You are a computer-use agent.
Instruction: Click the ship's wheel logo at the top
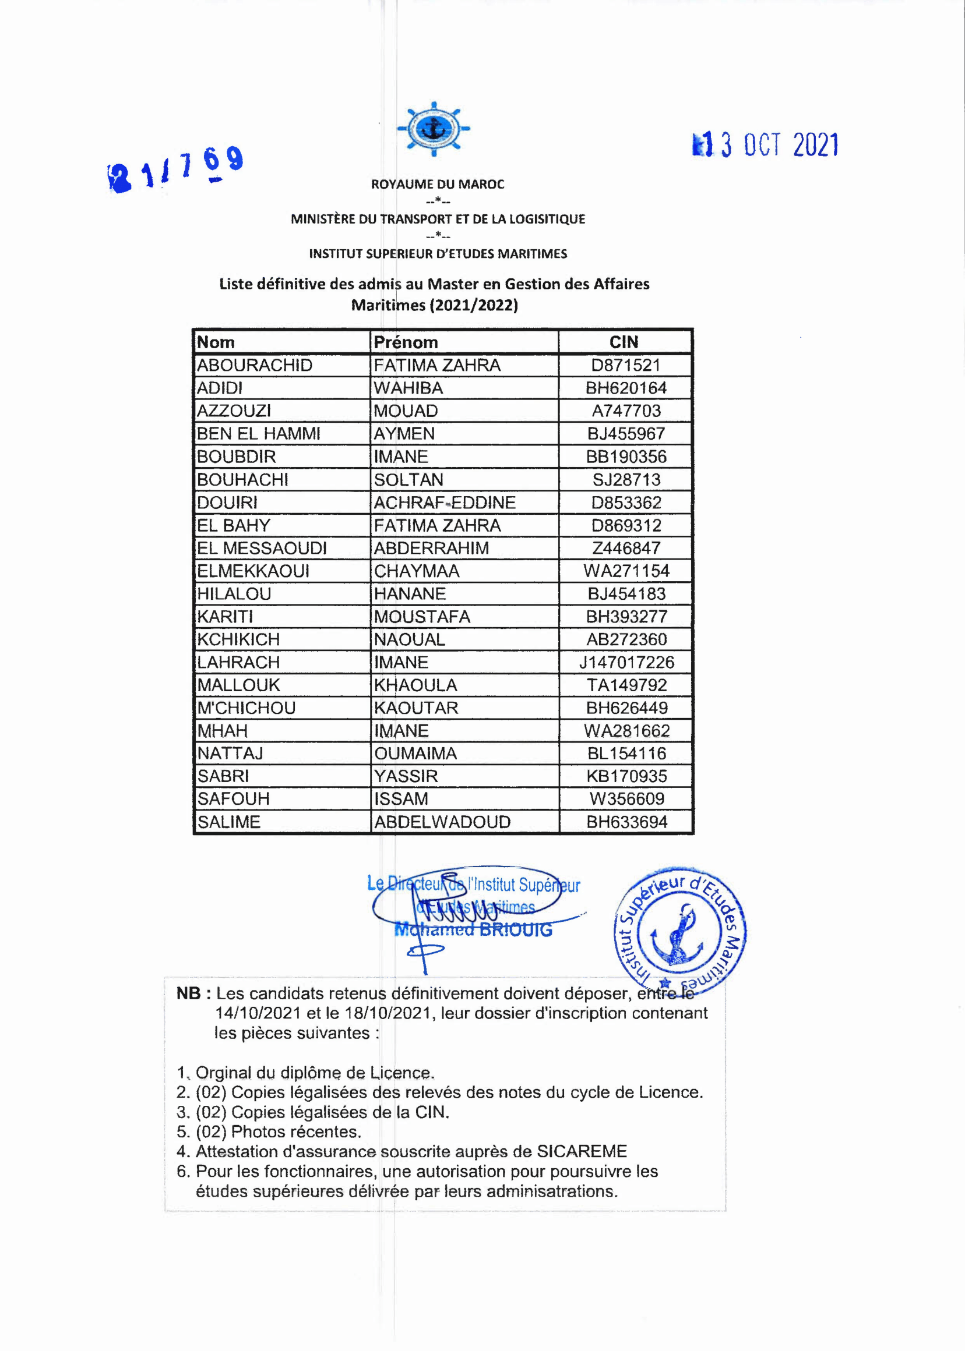433,128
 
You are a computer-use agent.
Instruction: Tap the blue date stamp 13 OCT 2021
765,145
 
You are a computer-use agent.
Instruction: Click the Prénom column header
406,342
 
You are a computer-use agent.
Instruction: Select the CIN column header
624,342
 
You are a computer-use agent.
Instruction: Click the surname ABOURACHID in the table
254,365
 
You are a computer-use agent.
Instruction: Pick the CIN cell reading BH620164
626,388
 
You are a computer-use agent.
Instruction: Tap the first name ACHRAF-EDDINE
445,503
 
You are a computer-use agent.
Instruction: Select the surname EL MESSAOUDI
262,548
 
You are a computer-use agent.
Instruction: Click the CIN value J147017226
626,662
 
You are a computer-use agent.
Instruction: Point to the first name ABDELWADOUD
442,822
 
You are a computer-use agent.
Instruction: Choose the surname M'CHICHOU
246,708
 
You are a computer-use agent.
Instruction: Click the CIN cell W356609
626,799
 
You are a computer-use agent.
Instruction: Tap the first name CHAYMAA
417,571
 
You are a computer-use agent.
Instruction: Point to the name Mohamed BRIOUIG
474,930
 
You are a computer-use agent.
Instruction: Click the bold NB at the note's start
189,993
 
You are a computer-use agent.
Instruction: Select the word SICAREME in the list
582,1151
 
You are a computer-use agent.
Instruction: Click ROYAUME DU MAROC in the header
438,184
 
